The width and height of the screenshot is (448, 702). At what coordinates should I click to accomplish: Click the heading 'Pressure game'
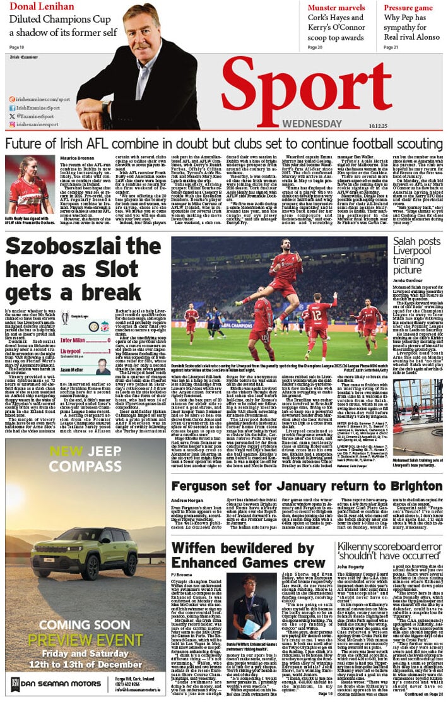point(408,7)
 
